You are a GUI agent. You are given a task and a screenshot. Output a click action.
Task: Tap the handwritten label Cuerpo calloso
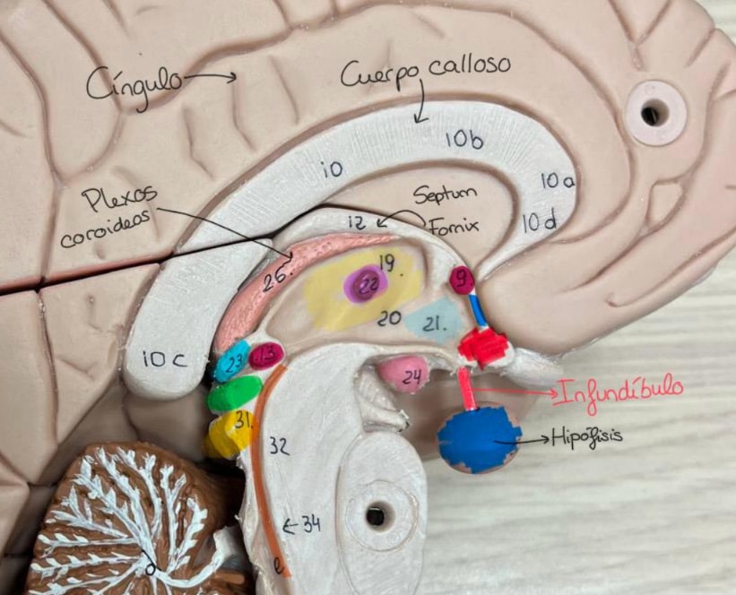tap(425, 72)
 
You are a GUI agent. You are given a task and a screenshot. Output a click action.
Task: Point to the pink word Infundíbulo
tap(619, 389)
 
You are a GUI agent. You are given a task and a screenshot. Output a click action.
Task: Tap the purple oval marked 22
tap(366, 286)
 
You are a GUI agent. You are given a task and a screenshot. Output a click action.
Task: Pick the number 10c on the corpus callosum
tap(164, 359)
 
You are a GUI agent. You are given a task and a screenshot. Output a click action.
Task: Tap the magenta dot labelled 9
tap(462, 279)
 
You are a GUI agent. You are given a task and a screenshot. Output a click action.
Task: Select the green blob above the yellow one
tap(234, 393)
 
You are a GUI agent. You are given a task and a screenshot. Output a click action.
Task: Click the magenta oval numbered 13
tap(265, 357)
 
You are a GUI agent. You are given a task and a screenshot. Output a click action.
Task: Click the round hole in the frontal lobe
tap(654, 113)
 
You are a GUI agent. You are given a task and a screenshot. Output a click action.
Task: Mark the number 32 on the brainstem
tap(279, 447)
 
